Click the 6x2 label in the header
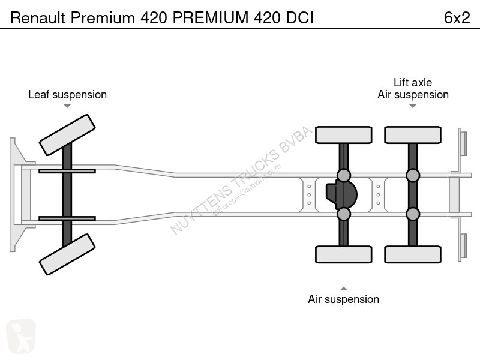point(457,18)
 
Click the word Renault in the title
point(38,18)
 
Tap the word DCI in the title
point(299,18)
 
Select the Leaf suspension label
point(67,95)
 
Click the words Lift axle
point(413,82)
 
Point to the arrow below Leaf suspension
point(67,106)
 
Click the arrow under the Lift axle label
point(413,106)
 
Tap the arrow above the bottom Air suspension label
point(343,289)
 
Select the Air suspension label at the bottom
point(343,299)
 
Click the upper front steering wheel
point(67,135)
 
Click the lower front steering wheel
point(67,254)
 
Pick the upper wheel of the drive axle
point(343,135)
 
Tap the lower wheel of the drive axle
point(343,254)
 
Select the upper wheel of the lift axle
point(413,135)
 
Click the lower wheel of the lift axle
point(413,254)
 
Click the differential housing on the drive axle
point(341,194)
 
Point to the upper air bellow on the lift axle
point(413,175)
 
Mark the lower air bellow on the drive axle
point(343,214)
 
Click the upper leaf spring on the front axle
point(67,171)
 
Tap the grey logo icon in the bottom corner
point(21,336)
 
